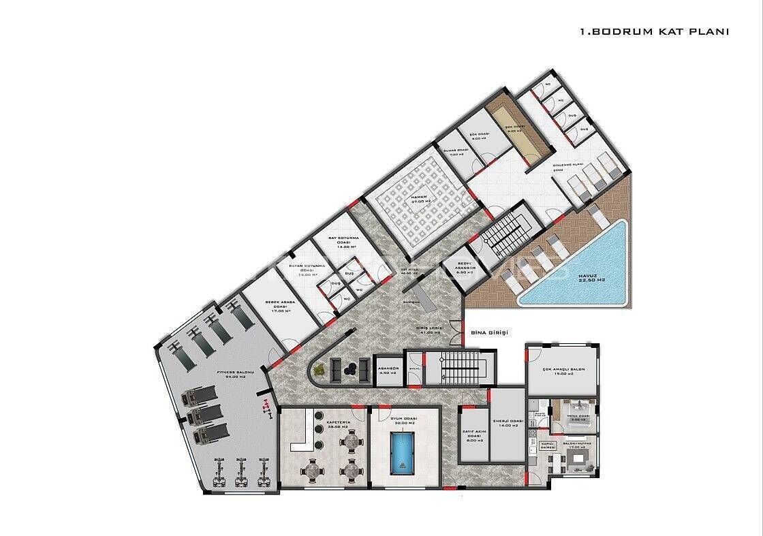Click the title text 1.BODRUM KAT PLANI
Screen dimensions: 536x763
pyautogui.click(x=653, y=31)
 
